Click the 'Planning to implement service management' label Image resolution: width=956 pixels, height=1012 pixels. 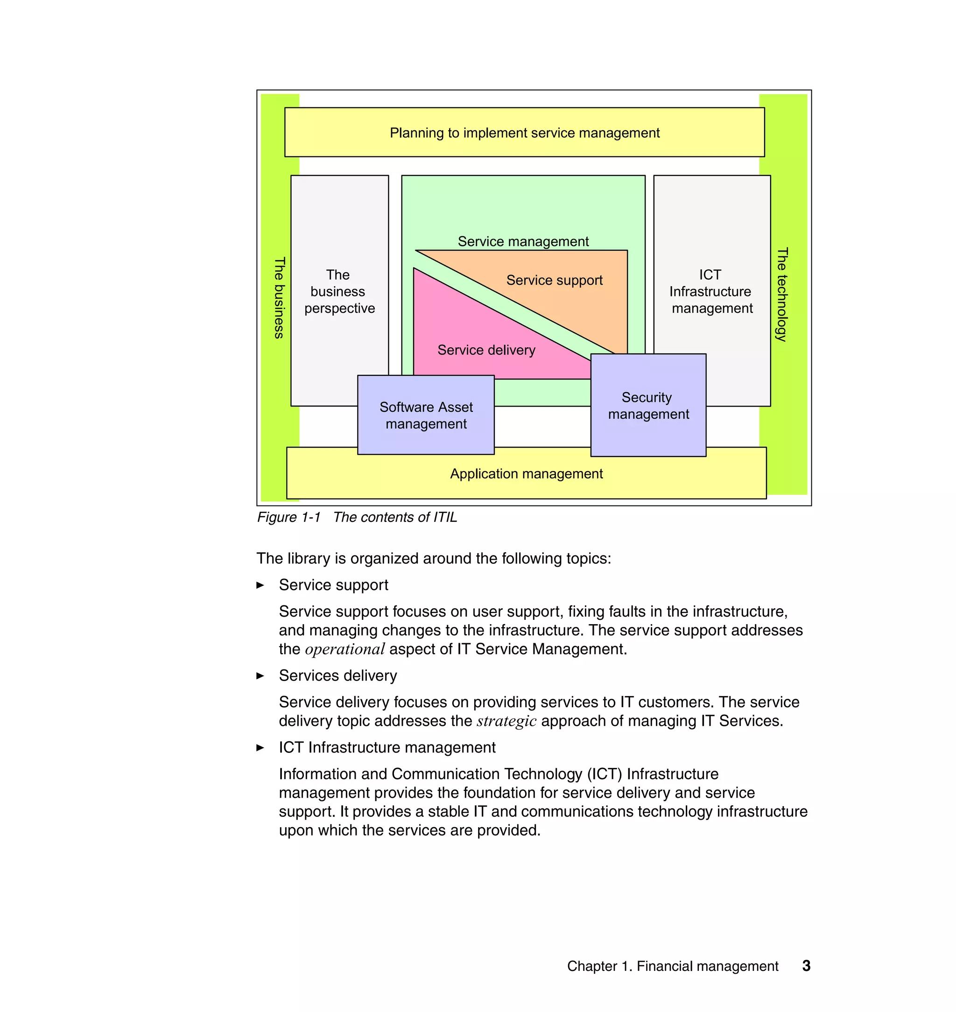point(524,133)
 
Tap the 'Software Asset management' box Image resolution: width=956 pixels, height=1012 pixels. point(426,415)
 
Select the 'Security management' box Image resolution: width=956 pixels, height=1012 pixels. point(648,406)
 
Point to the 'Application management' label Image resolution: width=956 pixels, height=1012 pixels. point(527,474)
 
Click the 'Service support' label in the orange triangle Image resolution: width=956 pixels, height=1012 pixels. point(555,280)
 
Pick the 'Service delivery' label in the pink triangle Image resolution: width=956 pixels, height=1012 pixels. point(486,350)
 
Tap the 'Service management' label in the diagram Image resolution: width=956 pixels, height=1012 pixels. point(523,241)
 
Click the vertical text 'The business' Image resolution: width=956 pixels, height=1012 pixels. point(279,298)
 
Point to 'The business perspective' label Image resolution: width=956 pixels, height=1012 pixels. point(339,291)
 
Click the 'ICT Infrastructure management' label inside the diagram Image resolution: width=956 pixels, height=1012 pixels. point(711,291)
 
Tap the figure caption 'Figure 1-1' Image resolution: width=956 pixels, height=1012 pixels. point(289,517)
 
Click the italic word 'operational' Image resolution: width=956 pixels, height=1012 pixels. point(344,649)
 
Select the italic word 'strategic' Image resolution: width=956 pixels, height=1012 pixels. point(506,721)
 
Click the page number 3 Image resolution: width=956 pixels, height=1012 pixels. point(806,966)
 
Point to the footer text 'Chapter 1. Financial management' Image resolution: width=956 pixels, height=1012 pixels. point(672,966)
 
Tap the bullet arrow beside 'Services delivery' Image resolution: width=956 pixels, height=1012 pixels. point(260,676)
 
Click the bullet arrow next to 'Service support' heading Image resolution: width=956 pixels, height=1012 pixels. point(260,585)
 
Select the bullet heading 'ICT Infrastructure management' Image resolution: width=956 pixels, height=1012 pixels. point(387,747)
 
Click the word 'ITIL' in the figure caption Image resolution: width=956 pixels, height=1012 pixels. point(445,517)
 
